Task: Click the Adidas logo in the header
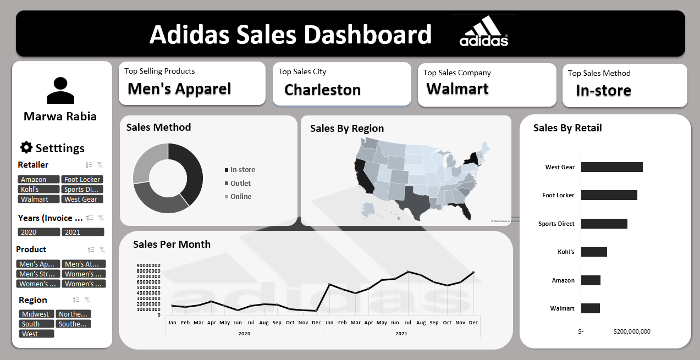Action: pyautogui.click(x=484, y=31)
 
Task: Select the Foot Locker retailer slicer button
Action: pyautogui.click(x=82, y=179)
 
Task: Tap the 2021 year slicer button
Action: pyautogui.click(x=82, y=232)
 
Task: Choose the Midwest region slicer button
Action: pyautogui.click(x=36, y=314)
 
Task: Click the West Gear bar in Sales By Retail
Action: pyautogui.click(x=611, y=167)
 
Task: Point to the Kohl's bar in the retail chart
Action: pyautogui.click(x=594, y=252)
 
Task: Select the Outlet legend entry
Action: pyautogui.click(x=240, y=183)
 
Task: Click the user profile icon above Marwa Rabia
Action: pyautogui.click(x=60, y=91)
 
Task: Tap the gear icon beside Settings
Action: pyautogui.click(x=26, y=147)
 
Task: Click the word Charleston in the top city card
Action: pyautogui.click(x=322, y=90)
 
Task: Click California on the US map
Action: pyautogui.click(x=364, y=176)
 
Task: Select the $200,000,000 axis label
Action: pyautogui.click(x=631, y=331)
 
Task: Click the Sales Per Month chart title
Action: pyautogui.click(x=172, y=244)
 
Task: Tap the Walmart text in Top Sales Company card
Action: pyautogui.click(x=458, y=88)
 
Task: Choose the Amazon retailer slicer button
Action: pyautogui.click(x=38, y=179)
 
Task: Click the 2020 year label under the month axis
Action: pyautogui.click(x=244, y=333)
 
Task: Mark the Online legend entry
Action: pyautogui.click(x=241, y=196)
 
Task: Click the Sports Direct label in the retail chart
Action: pyautogui.click(x=556, y=224)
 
